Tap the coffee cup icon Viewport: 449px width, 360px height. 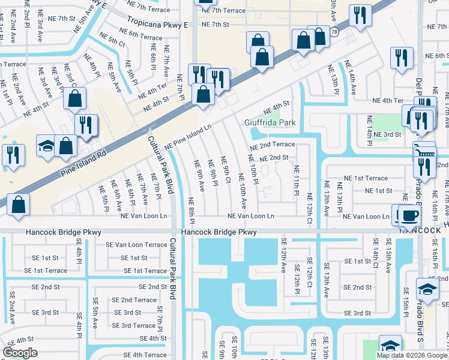410,215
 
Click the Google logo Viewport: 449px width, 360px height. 20,353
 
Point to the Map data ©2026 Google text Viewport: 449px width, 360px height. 412,355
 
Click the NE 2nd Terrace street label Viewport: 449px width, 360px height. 273,145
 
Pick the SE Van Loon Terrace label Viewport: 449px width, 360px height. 136,245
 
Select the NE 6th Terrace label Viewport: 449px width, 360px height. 140,34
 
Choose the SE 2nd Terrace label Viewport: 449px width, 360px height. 134,300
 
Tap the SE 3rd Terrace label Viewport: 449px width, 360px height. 134,326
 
